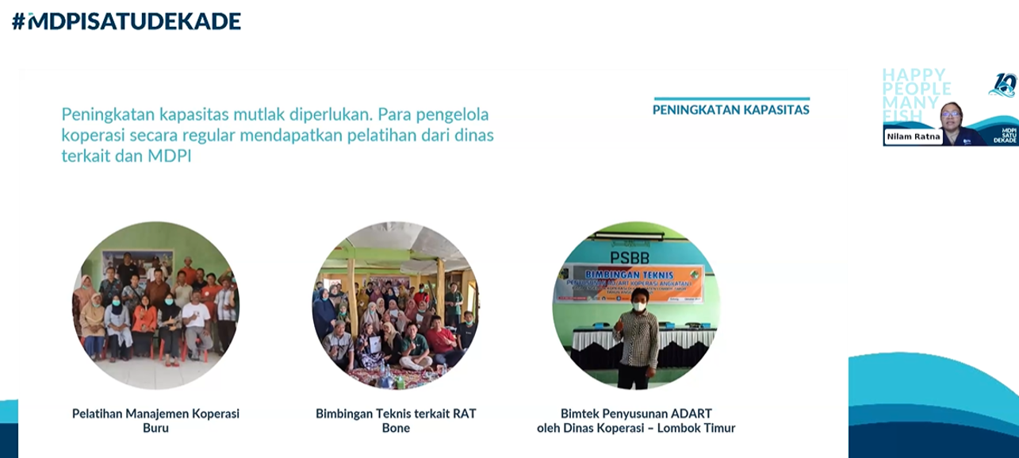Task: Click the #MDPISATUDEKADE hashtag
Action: tap(126, 21)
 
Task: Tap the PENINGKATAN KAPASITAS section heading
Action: tap(730, 110)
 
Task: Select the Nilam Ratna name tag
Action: tap(910, 137)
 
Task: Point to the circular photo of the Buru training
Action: tap(155, 305)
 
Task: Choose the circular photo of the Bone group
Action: tap(395, 305)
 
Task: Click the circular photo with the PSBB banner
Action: tap(635, 305)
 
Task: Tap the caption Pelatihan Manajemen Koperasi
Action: tap(155, 414)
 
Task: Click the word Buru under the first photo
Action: tap(155, 429)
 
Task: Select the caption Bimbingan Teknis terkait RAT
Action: tap(396, 414)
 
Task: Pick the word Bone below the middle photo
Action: tap(396, 429)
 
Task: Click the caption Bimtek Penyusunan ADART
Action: tap(636, 414)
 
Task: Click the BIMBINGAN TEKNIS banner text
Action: tap(634, 271)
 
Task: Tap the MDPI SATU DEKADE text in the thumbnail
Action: tap(1003, 133)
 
